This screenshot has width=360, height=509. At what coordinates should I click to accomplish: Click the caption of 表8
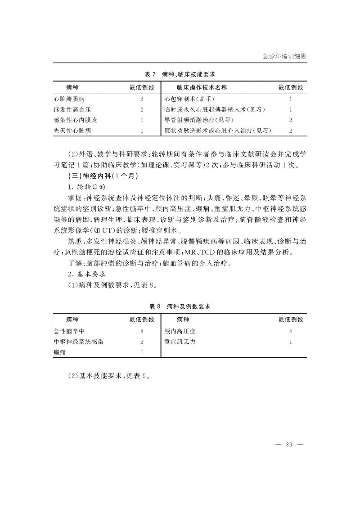coord(180,306)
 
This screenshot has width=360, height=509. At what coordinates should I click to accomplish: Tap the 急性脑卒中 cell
coord(69,331)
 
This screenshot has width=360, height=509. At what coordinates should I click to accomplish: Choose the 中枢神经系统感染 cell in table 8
coord(78,342)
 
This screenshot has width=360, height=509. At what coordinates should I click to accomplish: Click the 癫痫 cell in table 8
coord(59,352)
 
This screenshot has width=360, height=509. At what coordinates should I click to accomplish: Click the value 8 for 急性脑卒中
coord(142,331)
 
